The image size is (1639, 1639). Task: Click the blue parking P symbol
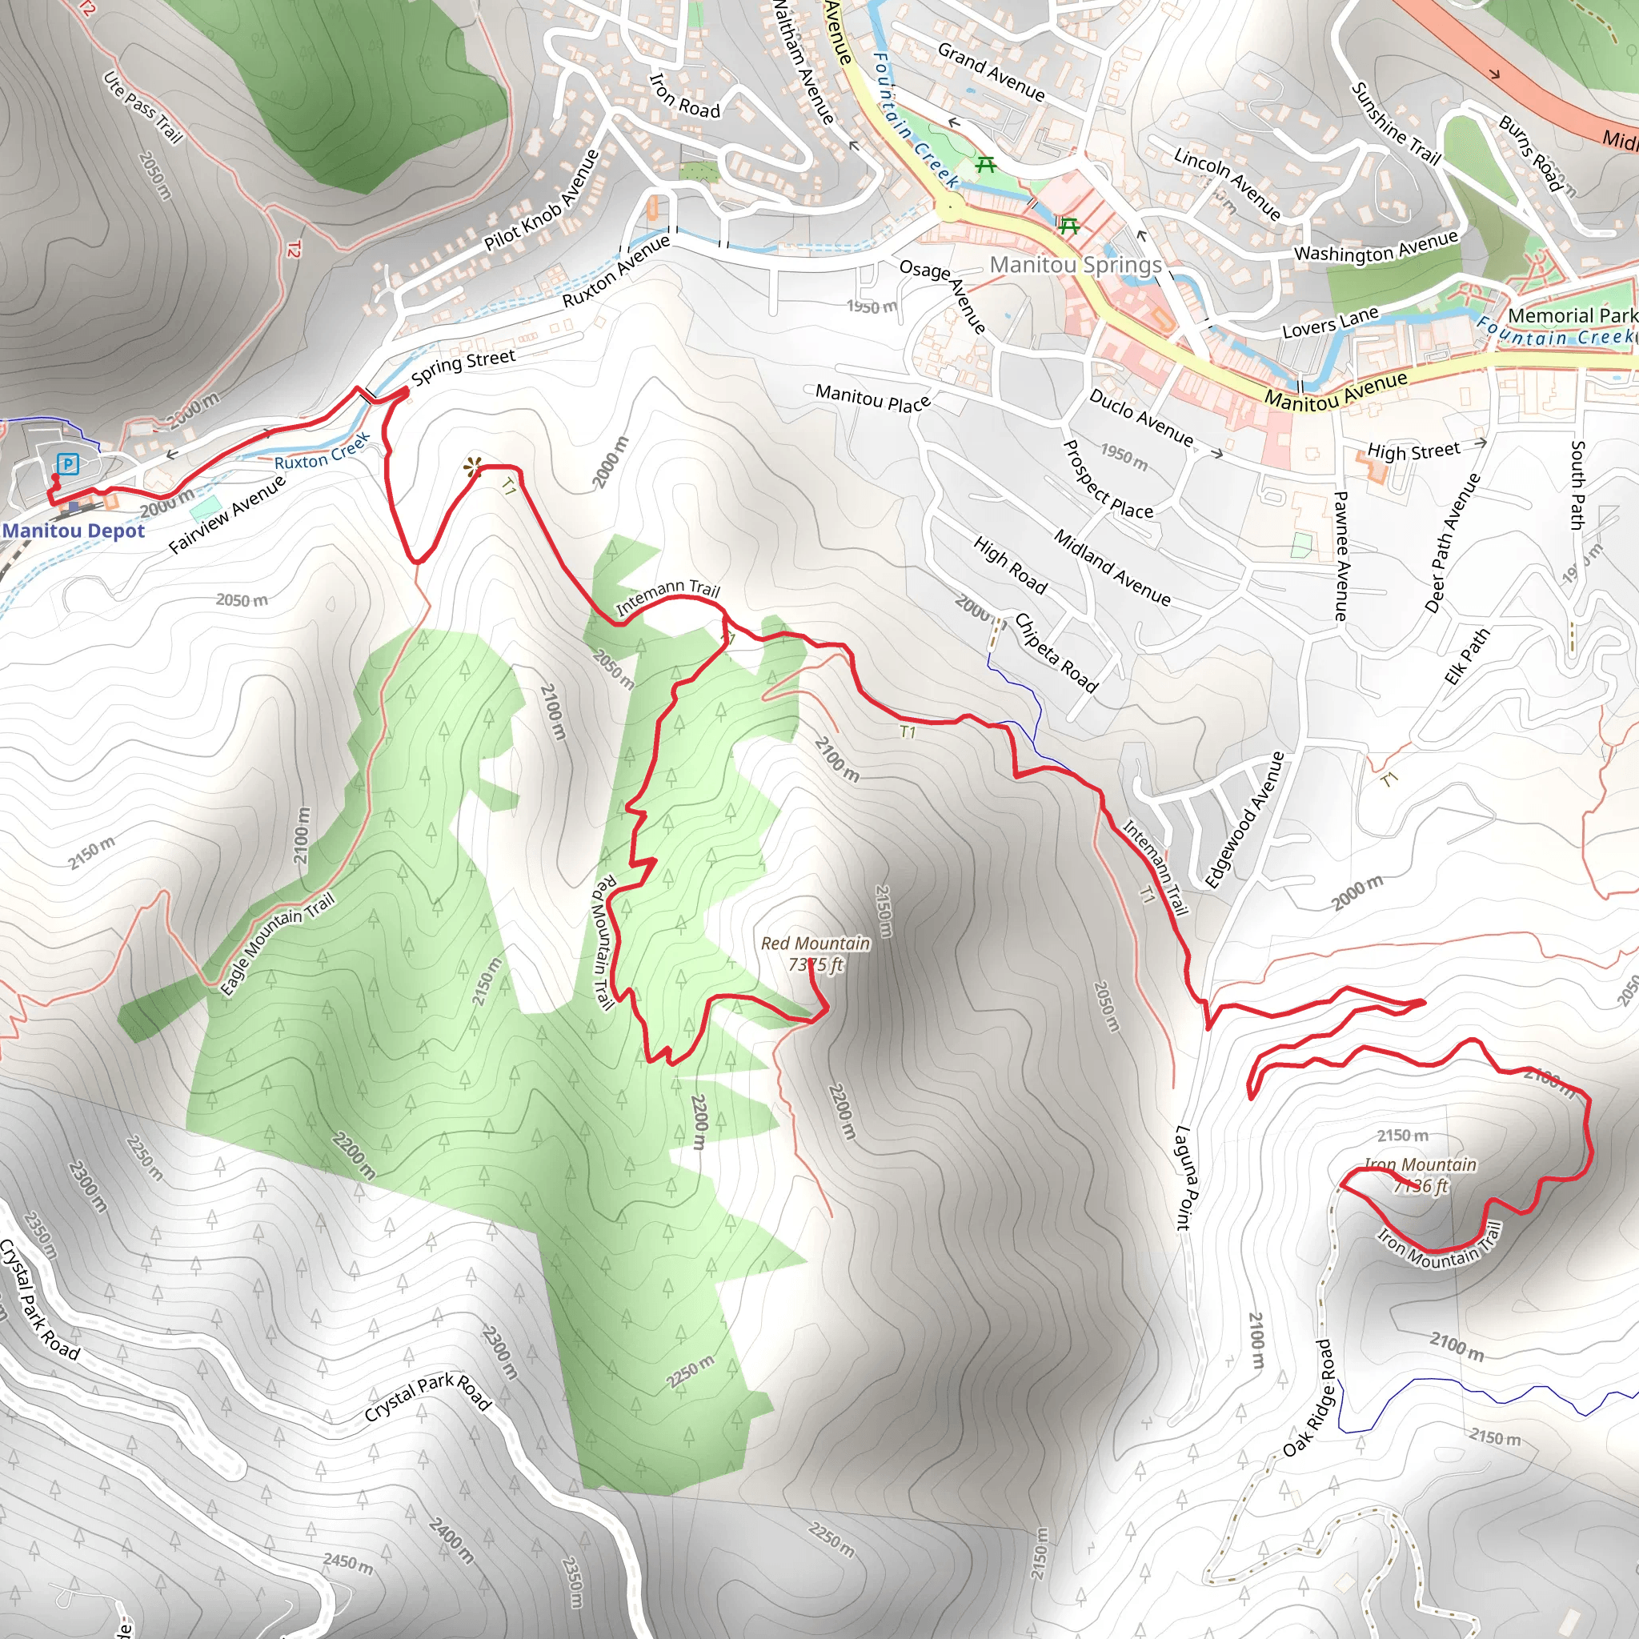pyautogui.click(x=68, y=464)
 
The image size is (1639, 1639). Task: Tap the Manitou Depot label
pyautogui.click(x=74, y=531)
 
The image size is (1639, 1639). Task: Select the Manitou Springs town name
pyautogui.click(x=1076, y=265)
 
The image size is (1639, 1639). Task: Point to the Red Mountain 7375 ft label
pyautogui.click(x=815, y=953)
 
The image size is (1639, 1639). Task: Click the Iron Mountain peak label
pyautogui.click(x=1421, y=1175)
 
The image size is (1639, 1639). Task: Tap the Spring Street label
pyautogui.click(x=463, y=366)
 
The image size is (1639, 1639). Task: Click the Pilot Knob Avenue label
pyautogui.click(x=543, y=201)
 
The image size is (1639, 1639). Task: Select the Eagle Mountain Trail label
pyautogui.click(x=278, y=944)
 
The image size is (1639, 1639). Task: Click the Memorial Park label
pyautogui.click(x=1572, y=315)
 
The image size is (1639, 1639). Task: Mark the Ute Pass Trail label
pyautogui.click(x=142, y=108)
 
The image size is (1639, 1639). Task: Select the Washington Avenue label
pyautogui.click(x=1376, y=246)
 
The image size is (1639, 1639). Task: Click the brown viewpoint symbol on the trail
pyautogui.click(x=472, y=467)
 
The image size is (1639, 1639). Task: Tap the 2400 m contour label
pyautogui.click(x=451, y=1541)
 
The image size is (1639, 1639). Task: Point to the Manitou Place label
pyautogui.click(x=873, y=398)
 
